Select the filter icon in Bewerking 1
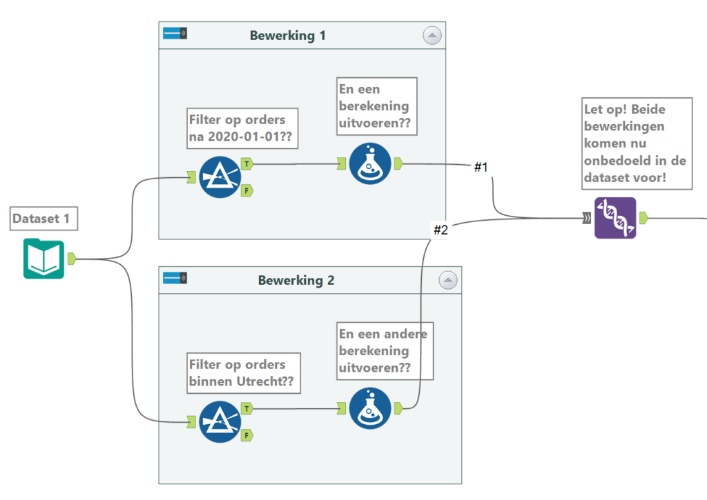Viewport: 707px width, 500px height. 220,177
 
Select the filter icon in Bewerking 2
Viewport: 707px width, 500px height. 220,421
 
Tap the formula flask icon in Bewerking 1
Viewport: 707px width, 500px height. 370,163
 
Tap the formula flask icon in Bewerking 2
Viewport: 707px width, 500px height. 370,408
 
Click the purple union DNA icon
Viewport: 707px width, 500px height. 615,218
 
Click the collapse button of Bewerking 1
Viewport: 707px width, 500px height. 432,36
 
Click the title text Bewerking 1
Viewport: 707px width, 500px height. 287,36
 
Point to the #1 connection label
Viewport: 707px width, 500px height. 481,167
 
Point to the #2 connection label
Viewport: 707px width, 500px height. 440,230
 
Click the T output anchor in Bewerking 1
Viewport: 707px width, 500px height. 246,164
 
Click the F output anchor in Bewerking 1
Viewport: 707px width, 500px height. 246,190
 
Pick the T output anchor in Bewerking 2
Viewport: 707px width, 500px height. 246,408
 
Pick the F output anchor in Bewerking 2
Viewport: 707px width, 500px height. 246,434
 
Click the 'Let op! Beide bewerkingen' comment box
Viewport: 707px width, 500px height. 627,143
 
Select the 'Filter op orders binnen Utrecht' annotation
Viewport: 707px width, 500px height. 244,372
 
